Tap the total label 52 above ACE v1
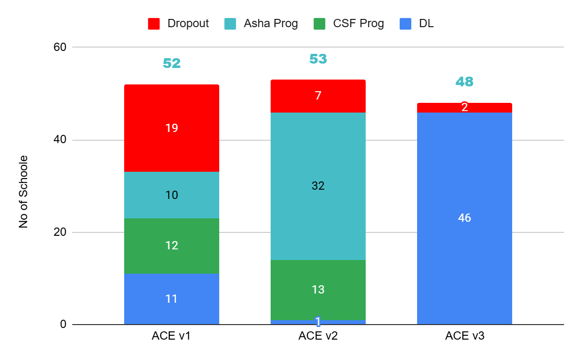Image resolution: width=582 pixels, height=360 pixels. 171,63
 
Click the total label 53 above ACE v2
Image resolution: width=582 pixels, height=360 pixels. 318,59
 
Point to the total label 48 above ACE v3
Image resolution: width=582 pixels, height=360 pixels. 464,82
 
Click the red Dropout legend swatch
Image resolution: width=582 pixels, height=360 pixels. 154,24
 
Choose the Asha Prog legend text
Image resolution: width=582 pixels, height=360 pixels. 271,23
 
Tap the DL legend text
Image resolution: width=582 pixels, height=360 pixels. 426,23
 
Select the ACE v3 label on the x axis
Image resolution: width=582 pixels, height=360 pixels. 464,336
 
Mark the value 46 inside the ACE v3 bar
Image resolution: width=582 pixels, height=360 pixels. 464,218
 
